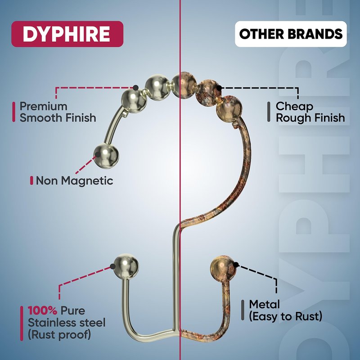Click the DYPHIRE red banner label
tap(67, 34)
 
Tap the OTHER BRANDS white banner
tap(291, 34)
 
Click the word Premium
tap(43, 107)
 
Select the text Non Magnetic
tap(74, 181)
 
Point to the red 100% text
tap(42, 310)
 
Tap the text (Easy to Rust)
tap(286, 316)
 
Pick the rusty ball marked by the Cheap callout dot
tap(208, 89)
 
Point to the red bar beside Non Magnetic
tap(31, 181)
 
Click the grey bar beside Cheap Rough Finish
tap(269, 112)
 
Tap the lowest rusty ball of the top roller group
tap(229, 109)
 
